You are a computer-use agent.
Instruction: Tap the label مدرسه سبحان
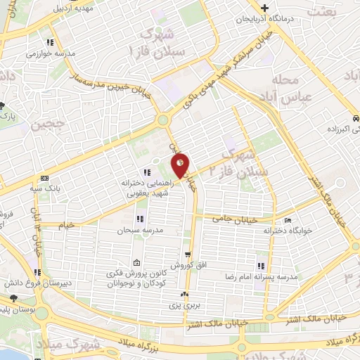[x=144, y=230]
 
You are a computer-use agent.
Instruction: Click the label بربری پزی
[x=184, y=306]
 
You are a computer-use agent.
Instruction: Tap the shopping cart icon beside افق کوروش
[x=187, y=255]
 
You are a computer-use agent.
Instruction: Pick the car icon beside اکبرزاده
[x=356, y=119]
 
